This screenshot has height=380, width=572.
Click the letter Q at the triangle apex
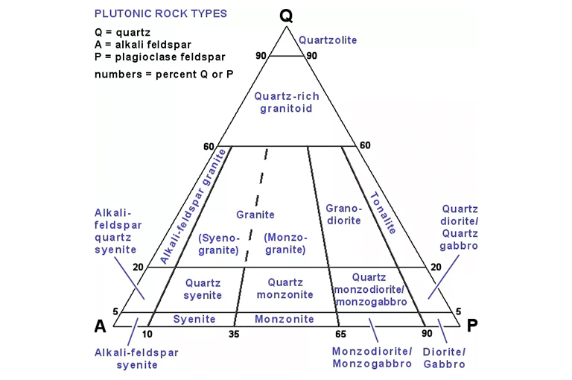(286, 15)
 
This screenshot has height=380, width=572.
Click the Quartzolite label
(327, 40)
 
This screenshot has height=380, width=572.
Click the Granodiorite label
(343, 214)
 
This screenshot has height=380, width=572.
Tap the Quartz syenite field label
(203, 289)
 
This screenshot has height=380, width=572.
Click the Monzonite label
(285, 319)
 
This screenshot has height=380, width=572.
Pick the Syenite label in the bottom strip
(194, 319)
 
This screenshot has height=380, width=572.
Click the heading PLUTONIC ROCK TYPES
(161, 13)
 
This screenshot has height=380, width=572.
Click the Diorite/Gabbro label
(444, 358)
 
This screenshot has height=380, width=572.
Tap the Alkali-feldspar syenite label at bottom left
(136, 358)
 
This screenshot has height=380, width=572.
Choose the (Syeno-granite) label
(219, 244)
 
